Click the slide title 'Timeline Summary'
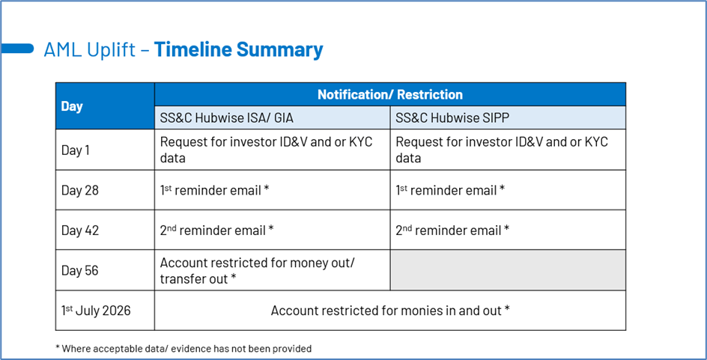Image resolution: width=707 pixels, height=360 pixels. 238,50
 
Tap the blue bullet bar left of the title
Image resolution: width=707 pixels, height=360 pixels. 17,49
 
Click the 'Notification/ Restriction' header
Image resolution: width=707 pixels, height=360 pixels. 389,94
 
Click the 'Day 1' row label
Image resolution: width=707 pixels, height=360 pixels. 76,150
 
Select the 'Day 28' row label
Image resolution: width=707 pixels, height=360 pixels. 80,190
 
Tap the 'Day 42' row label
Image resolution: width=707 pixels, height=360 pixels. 80,231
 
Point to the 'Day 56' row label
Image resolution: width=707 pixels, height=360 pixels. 80,270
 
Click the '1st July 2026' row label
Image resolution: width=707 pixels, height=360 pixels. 96,311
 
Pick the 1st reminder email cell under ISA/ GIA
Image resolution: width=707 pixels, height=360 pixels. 214,190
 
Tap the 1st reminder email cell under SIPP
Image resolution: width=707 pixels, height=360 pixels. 450,190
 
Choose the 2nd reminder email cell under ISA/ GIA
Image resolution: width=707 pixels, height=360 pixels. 216,231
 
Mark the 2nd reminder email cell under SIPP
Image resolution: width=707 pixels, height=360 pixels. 452,231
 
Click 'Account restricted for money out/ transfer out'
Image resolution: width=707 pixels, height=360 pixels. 258,270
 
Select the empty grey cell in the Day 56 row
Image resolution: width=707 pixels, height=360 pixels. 507,270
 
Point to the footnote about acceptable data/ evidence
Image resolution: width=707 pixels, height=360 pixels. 183,348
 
